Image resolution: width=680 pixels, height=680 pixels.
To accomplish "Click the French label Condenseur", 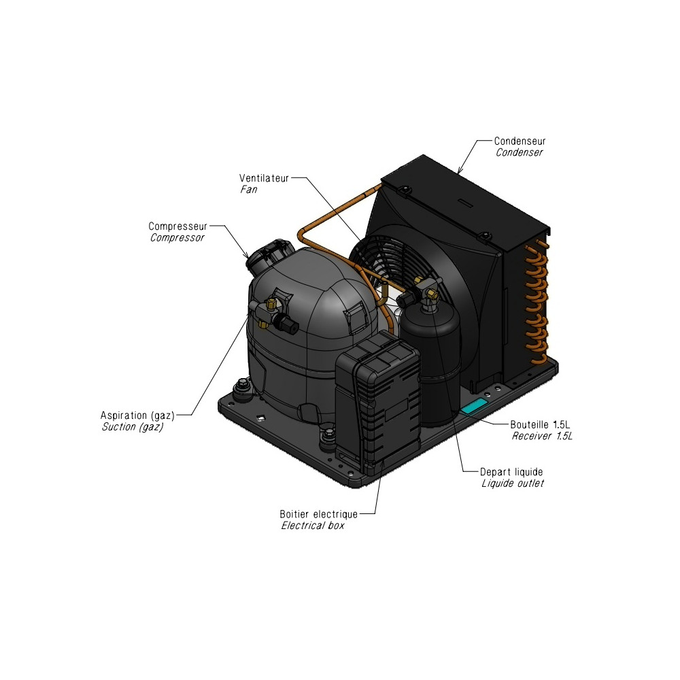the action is [x=520, y=141].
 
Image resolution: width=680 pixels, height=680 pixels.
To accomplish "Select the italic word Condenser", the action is [x=519, y=152].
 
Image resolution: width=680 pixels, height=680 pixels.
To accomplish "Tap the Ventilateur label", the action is [x=264, y=178].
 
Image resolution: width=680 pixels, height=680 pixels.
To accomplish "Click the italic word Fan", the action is [x=249, y=190].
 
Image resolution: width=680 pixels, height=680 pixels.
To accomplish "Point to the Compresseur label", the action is [x=177, y=226].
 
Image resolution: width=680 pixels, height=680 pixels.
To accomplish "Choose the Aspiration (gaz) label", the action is [x=137, y=415].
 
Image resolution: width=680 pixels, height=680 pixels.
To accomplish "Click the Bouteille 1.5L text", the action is [x=540, y=424].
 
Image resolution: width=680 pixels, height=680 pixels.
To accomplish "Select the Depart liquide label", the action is [x=511, y=472].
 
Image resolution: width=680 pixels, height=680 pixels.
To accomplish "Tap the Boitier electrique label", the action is [x=319, y=514].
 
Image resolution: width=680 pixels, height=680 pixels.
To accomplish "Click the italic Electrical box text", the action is [x=313, y=526].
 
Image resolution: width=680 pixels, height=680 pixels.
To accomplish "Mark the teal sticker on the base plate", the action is [x=473, y=407].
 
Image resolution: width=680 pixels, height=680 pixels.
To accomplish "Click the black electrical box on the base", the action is [x=377, y=397].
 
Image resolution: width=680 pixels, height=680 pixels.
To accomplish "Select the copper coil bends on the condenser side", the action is [x=536, y=303].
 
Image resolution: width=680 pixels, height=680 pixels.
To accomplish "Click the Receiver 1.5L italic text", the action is [x=542, y=436].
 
